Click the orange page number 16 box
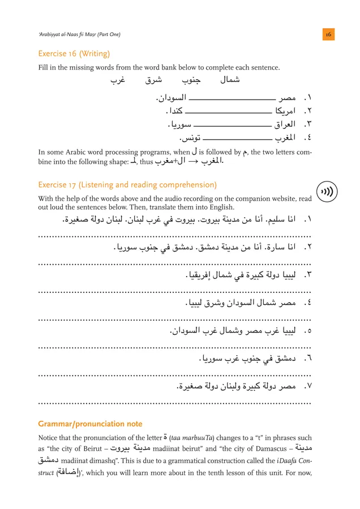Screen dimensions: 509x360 [x=328, y=34]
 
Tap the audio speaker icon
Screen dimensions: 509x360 [x=327, y=191]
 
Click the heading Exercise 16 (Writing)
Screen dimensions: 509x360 [x=74, y=54]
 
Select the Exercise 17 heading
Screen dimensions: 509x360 [x=127, y=185]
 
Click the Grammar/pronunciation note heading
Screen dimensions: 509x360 [x=90, y=424]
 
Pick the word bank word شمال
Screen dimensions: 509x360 [x=229, y=80]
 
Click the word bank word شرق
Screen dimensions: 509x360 [x=153, y=80]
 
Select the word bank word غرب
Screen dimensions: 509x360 [x=117, y=80]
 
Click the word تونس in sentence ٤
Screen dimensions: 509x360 [x=190, y=137]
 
